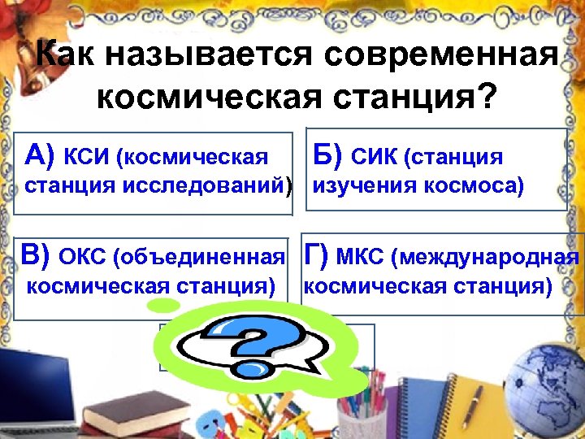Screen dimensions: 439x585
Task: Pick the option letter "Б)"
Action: point(328,154)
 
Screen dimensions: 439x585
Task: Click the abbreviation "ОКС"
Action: point(84,258)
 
